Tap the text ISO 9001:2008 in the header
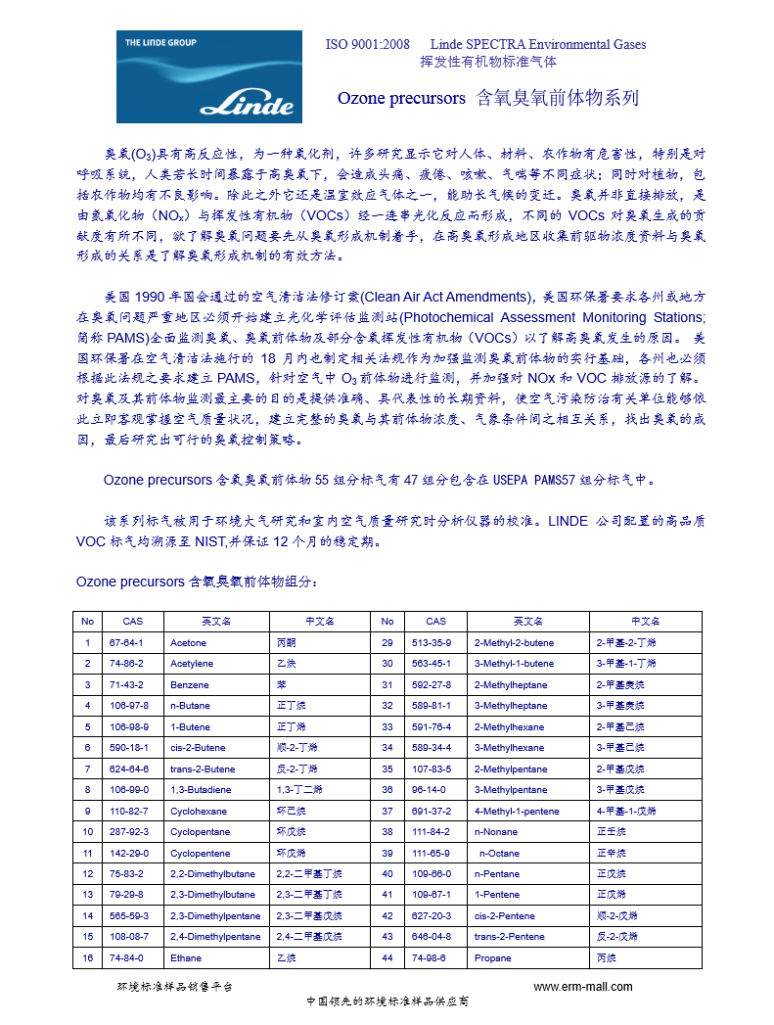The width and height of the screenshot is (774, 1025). coord(368,44)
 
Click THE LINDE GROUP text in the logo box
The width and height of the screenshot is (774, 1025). coord(160,43)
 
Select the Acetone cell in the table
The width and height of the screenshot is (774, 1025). coord(189,642)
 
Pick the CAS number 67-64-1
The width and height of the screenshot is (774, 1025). coord(126,642)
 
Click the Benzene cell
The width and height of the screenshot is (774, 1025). coord(190,684)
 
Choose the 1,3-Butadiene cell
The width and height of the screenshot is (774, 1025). coord(199,789)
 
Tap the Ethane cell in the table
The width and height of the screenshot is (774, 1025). coord(186,957)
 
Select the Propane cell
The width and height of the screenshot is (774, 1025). coord(492,957)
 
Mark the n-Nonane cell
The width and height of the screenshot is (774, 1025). coord(496,831)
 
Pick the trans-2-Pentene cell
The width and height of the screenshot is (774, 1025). coord(509,937)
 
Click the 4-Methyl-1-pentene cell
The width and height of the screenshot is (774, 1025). coord(516,811)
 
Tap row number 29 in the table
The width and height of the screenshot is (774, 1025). coord(387,642)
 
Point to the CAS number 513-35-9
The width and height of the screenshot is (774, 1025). coord(432,642)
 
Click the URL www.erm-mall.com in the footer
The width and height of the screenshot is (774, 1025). coord(582,986)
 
